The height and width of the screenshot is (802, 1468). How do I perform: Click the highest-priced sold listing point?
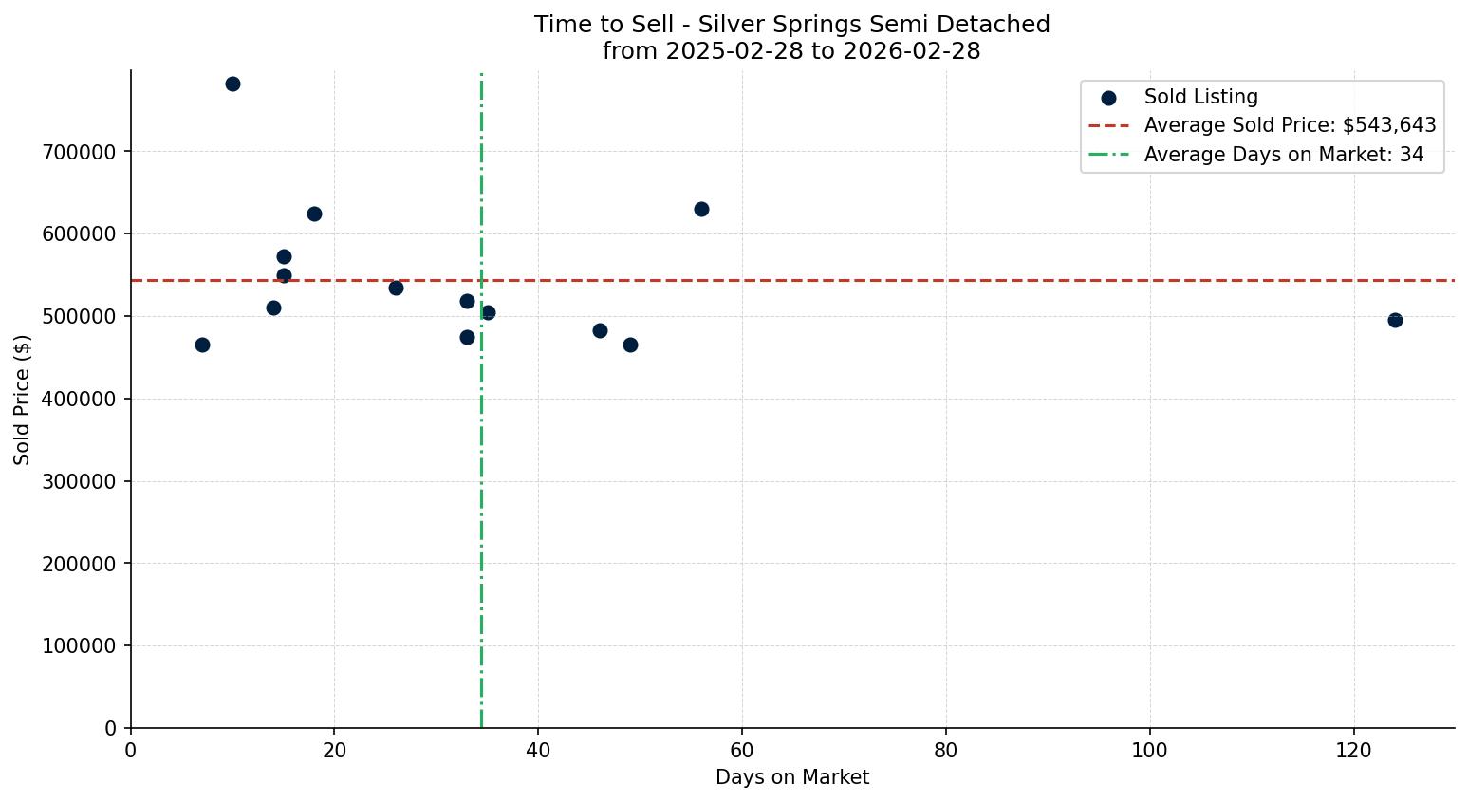(232, 84)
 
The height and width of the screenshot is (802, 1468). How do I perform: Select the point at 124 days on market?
(1395, 320)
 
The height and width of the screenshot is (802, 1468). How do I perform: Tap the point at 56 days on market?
(701, 209)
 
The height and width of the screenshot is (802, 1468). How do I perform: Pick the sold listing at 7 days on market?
(202, 345)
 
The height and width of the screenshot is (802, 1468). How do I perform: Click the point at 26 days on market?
(396, 288)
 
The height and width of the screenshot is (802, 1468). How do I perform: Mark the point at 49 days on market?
(630, 345)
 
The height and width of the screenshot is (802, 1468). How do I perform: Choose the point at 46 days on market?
(600, 330)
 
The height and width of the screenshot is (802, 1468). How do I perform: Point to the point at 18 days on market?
(314, 214)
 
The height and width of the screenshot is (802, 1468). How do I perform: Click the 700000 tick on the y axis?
(80, 152)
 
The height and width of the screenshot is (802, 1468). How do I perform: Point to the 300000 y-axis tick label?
(80, 481)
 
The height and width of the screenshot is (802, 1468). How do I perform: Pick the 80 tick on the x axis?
(946, 751)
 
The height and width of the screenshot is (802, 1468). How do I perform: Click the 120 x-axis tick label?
(1353, 751)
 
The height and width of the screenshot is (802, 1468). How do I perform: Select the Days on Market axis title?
(791, 777)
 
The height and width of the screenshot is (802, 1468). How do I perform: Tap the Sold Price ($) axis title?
(22, 399)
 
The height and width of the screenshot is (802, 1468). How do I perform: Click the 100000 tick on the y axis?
(80, 646)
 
